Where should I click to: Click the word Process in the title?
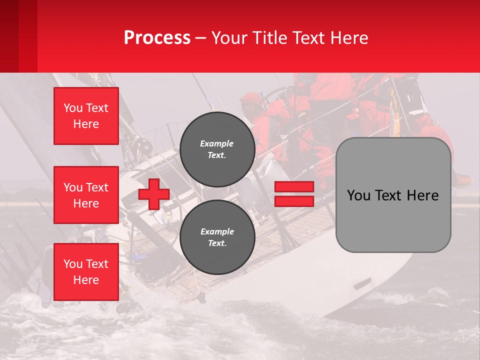tap(157, 38)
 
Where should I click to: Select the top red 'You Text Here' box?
tap(86, 116)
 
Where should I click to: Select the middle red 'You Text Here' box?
tap(86, 195)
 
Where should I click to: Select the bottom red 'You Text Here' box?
tap(86, 272)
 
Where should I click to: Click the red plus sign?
tap(154, 194)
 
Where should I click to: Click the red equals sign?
tap(294, 194)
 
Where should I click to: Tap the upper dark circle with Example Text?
tap(217, 149)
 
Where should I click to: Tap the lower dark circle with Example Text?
tap(217, 237)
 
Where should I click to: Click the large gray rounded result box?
tap(393, 195)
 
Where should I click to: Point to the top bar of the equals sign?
tap(294, 187)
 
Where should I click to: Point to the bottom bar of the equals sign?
tap(294, 201)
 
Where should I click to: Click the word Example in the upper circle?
tap(217, 143)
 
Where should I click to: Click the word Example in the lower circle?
tap(217, 231)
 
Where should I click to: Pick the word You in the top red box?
tap(73, 108)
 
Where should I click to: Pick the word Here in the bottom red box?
tap(86, 280)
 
